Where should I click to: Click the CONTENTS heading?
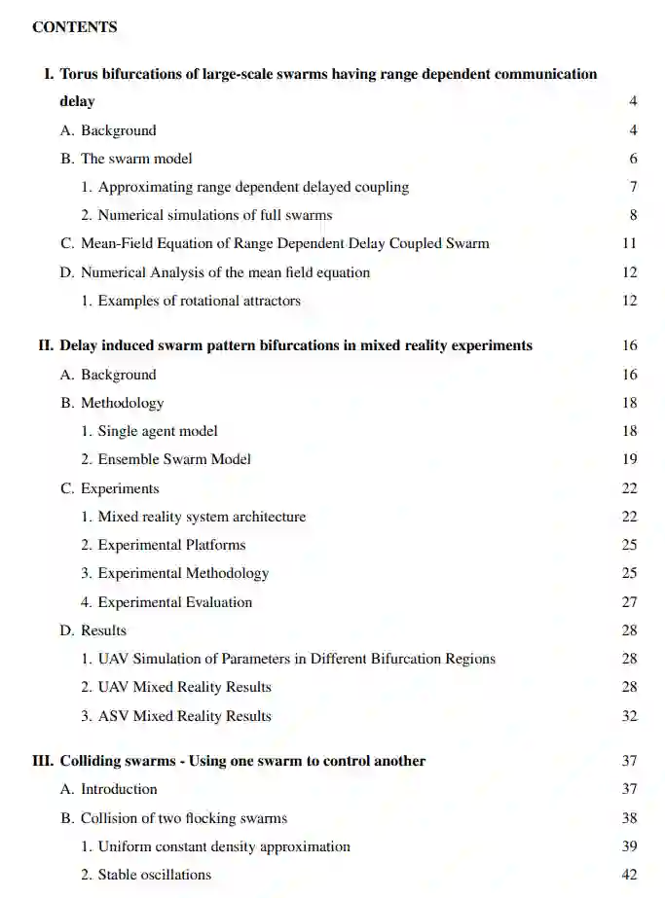click(x=75, y=27)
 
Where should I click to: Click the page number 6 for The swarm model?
click(x=633, y=159)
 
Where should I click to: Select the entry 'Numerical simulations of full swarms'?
click(x=214, y=215)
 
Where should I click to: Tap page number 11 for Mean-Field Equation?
click(x=629, y=243)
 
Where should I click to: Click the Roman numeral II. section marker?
click(x=45, y=345)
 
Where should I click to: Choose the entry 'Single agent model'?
click(x=158, y=431)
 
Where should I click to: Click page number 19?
click(x=629, y=459)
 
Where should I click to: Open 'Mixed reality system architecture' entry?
click(x=202, y=517)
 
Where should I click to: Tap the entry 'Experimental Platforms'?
click(x=171, y=545)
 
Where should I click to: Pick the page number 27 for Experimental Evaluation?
click(x=629, y=602)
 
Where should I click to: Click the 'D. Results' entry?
click(x=93, y=630)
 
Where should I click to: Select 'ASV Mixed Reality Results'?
click(x=184, y=716)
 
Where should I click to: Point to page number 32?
click(x=629, y=716)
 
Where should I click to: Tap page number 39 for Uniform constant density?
click(x=629, y=846)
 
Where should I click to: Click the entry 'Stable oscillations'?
click(x=154, y=875)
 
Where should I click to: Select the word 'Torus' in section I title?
click(x=80, y=74)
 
